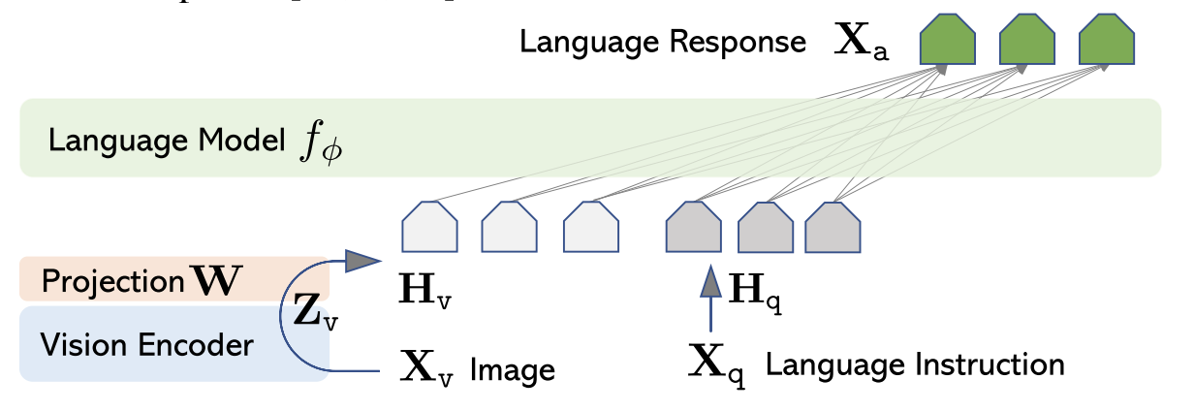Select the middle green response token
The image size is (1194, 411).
(x=1026, y=42)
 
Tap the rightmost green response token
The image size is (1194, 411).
(x=1106, y=42)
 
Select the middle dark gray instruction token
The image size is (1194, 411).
(x=767, y=228)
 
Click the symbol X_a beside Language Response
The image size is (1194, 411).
(x=862, y=45)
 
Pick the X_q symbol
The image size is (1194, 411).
(x=716, y=364)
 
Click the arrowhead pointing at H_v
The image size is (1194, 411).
(x=363, y=260)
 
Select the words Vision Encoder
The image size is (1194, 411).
(x=147, y=345)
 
